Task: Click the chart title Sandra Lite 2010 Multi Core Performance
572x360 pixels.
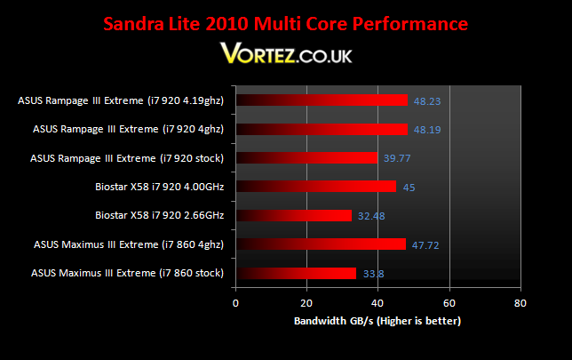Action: [286, 24]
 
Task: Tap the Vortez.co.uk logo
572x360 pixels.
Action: [286, 53]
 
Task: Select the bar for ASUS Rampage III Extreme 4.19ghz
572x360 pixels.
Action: [322, 100]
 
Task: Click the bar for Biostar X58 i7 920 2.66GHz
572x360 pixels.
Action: [294, 215]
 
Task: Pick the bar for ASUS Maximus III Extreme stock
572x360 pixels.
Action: [296, 273]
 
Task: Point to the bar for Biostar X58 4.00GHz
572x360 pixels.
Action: [316, 187]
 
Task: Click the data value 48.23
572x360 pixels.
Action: [427, 101]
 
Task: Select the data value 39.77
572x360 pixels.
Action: [397, 158]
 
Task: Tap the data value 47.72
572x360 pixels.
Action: [425, 245]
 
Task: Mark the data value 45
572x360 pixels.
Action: [409, 188]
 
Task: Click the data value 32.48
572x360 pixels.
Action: [371, 216]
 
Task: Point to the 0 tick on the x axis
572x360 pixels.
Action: [235, 303]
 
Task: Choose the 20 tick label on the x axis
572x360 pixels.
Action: [306, 303]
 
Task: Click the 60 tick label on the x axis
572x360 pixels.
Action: [449, 303]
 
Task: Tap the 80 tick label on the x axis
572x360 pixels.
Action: [520, 303]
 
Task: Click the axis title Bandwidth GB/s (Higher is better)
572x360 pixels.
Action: [377, 321]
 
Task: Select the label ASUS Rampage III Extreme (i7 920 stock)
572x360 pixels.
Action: [127, 158]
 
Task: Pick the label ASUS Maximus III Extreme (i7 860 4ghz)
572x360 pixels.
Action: [129, 244]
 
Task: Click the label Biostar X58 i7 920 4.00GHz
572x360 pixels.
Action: [159, 187]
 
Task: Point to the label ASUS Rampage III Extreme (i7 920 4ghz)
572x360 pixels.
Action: [129, 129]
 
